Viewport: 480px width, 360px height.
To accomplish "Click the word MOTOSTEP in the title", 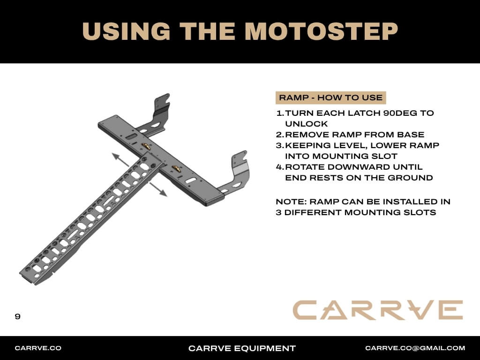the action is coord(322,31).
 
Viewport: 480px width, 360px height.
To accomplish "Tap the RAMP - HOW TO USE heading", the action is coord(330,97).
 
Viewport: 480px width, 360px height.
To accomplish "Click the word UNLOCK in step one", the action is coord(306,124).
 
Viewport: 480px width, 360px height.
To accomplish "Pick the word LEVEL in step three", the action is coord(345,145).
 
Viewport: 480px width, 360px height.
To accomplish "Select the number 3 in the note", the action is coord(278,212).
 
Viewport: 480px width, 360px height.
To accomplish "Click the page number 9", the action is coord(17,316).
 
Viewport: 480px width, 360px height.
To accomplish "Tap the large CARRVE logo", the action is coord(378,310).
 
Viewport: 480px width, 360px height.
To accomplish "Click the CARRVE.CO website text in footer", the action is coord(38,348).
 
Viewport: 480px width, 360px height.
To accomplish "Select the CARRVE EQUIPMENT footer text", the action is coord(242,348).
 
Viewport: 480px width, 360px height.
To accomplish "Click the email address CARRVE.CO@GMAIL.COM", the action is coord(415,348).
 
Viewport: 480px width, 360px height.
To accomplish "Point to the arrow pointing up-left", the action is coord(120,160).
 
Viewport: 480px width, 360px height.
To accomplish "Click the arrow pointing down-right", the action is coord(158,189).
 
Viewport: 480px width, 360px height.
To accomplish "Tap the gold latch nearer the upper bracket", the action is coord(146,146).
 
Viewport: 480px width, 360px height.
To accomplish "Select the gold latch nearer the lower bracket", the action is coord(176,169).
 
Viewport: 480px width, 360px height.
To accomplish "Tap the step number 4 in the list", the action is coord(279,167).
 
